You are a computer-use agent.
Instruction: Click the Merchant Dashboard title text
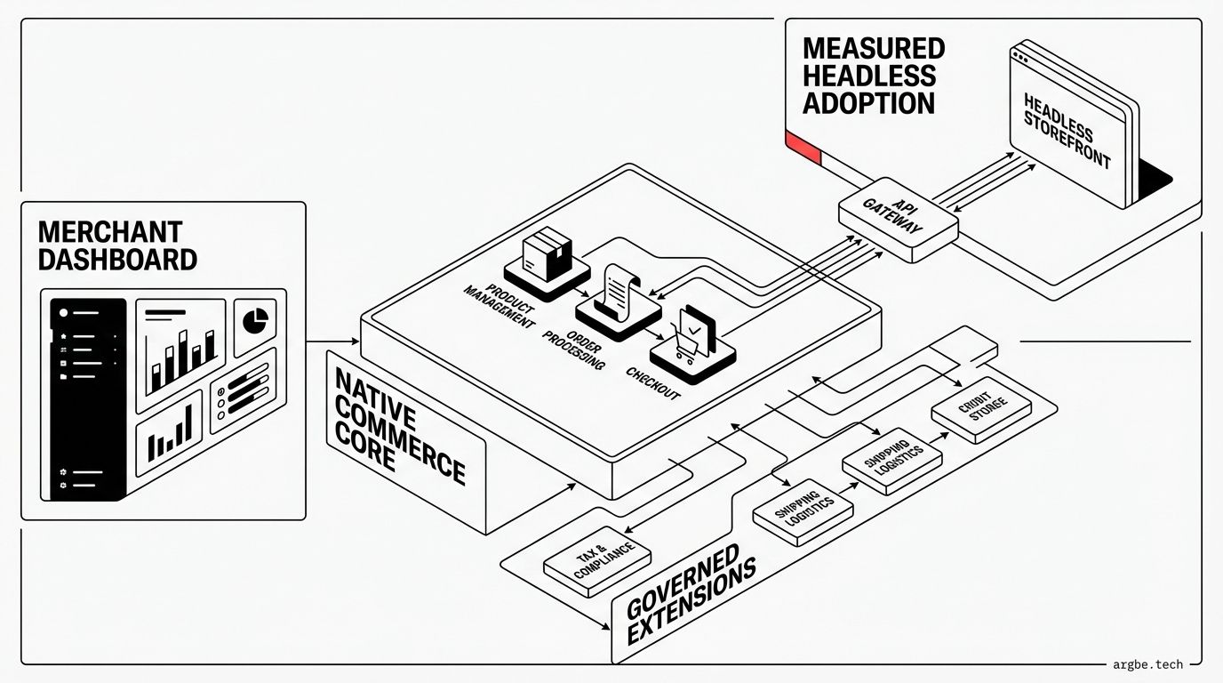[x=117, y=245]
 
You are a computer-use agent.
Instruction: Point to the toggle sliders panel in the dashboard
[x=243, y=390]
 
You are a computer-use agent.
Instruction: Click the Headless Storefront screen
[x=1067, y=125]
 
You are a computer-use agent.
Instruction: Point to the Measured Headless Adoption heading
[x=873, y=76]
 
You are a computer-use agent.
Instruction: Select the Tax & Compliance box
[x=596, y=559]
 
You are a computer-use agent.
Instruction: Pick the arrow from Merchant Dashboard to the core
[x=332, y=341]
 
